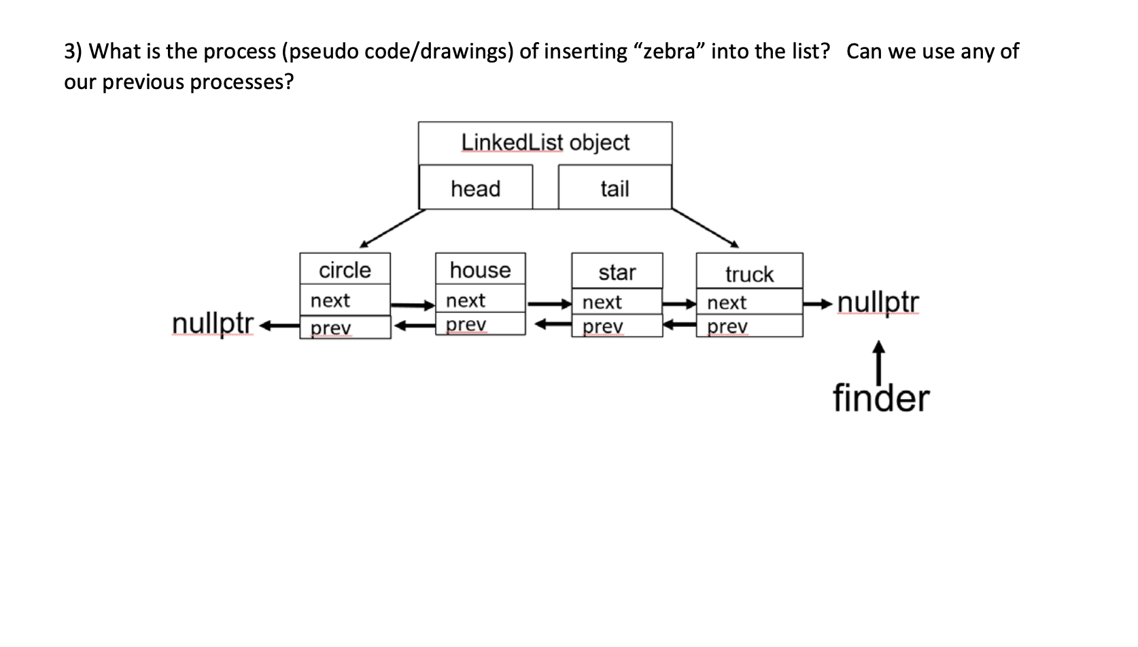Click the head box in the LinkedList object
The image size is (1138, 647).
pos(475,188)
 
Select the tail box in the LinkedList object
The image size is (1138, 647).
pos(615,188)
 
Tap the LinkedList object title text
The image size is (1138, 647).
pos(545,143)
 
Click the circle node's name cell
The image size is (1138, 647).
pos(345,270)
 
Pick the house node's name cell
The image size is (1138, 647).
pos(480,270)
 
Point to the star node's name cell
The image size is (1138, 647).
pos(617,272)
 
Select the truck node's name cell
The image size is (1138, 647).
pos(749,273)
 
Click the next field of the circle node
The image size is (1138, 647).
pos(345,300)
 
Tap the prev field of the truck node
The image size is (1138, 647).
pos(749,326)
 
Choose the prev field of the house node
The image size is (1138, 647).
pos(480,324)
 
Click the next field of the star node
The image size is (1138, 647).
pos(617,302)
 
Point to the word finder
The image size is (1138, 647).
pos(880,398)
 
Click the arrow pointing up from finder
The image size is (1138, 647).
pos(879,360)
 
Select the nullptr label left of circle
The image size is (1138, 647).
pos(213,323)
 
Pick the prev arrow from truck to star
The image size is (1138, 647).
pos(679,326)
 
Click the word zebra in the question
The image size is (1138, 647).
pos(668,52)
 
